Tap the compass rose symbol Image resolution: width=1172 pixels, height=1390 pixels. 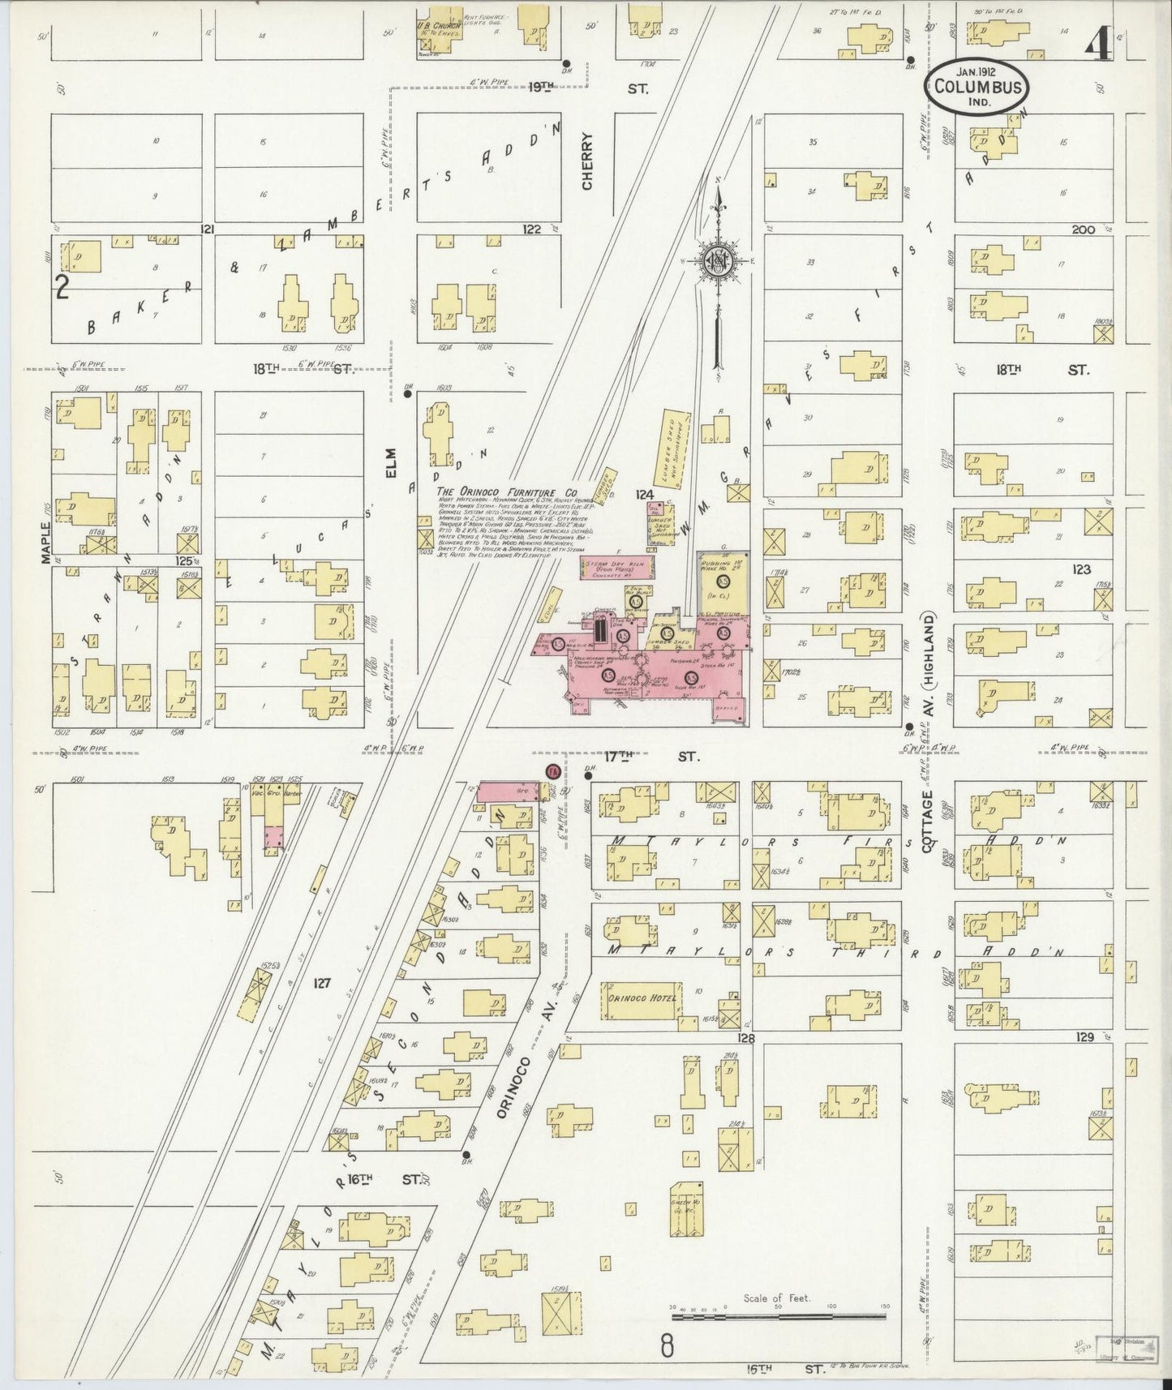718,261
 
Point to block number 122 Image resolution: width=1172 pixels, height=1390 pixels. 531,230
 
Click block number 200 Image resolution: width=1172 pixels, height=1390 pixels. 1083,230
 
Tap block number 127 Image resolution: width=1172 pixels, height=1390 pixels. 322,983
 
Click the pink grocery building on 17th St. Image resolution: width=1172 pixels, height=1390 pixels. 509,790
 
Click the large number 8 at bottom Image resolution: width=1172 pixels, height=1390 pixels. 666,1346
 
